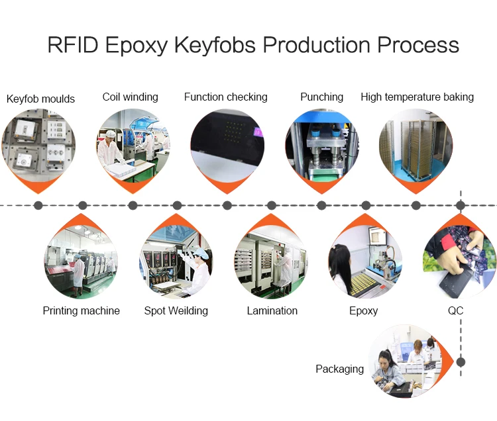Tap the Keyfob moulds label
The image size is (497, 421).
click(40, 99)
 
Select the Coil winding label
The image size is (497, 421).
click(130, 97)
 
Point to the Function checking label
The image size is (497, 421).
click(225, 97)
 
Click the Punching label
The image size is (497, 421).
click(321, 97)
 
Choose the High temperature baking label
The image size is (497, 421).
click(417, 97)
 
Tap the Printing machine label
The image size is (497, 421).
click(81, 310)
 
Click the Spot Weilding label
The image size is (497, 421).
click(176, 310)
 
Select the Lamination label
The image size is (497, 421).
click(272, 310)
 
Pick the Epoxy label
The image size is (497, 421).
click(363, 310)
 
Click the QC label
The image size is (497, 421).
click(455, 310)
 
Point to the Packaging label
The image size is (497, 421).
click(339, 369)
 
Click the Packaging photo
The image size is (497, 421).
click(406, 362)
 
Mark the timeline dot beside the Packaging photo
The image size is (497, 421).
click(461, 362)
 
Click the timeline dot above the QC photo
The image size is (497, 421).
click(461, 205)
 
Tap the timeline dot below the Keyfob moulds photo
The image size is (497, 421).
click(38, 205)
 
